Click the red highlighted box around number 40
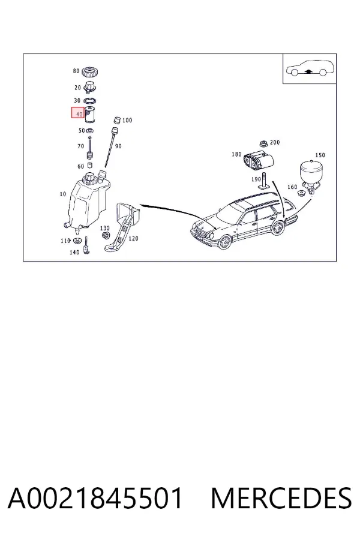78,113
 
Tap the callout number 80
76,71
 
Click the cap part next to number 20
91,88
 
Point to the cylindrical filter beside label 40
91,115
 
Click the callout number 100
127,120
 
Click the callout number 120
133,238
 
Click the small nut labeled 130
106,236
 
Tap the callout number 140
74,252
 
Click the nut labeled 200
263,143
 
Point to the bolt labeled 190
264,181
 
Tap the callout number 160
292,187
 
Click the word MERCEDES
281,498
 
